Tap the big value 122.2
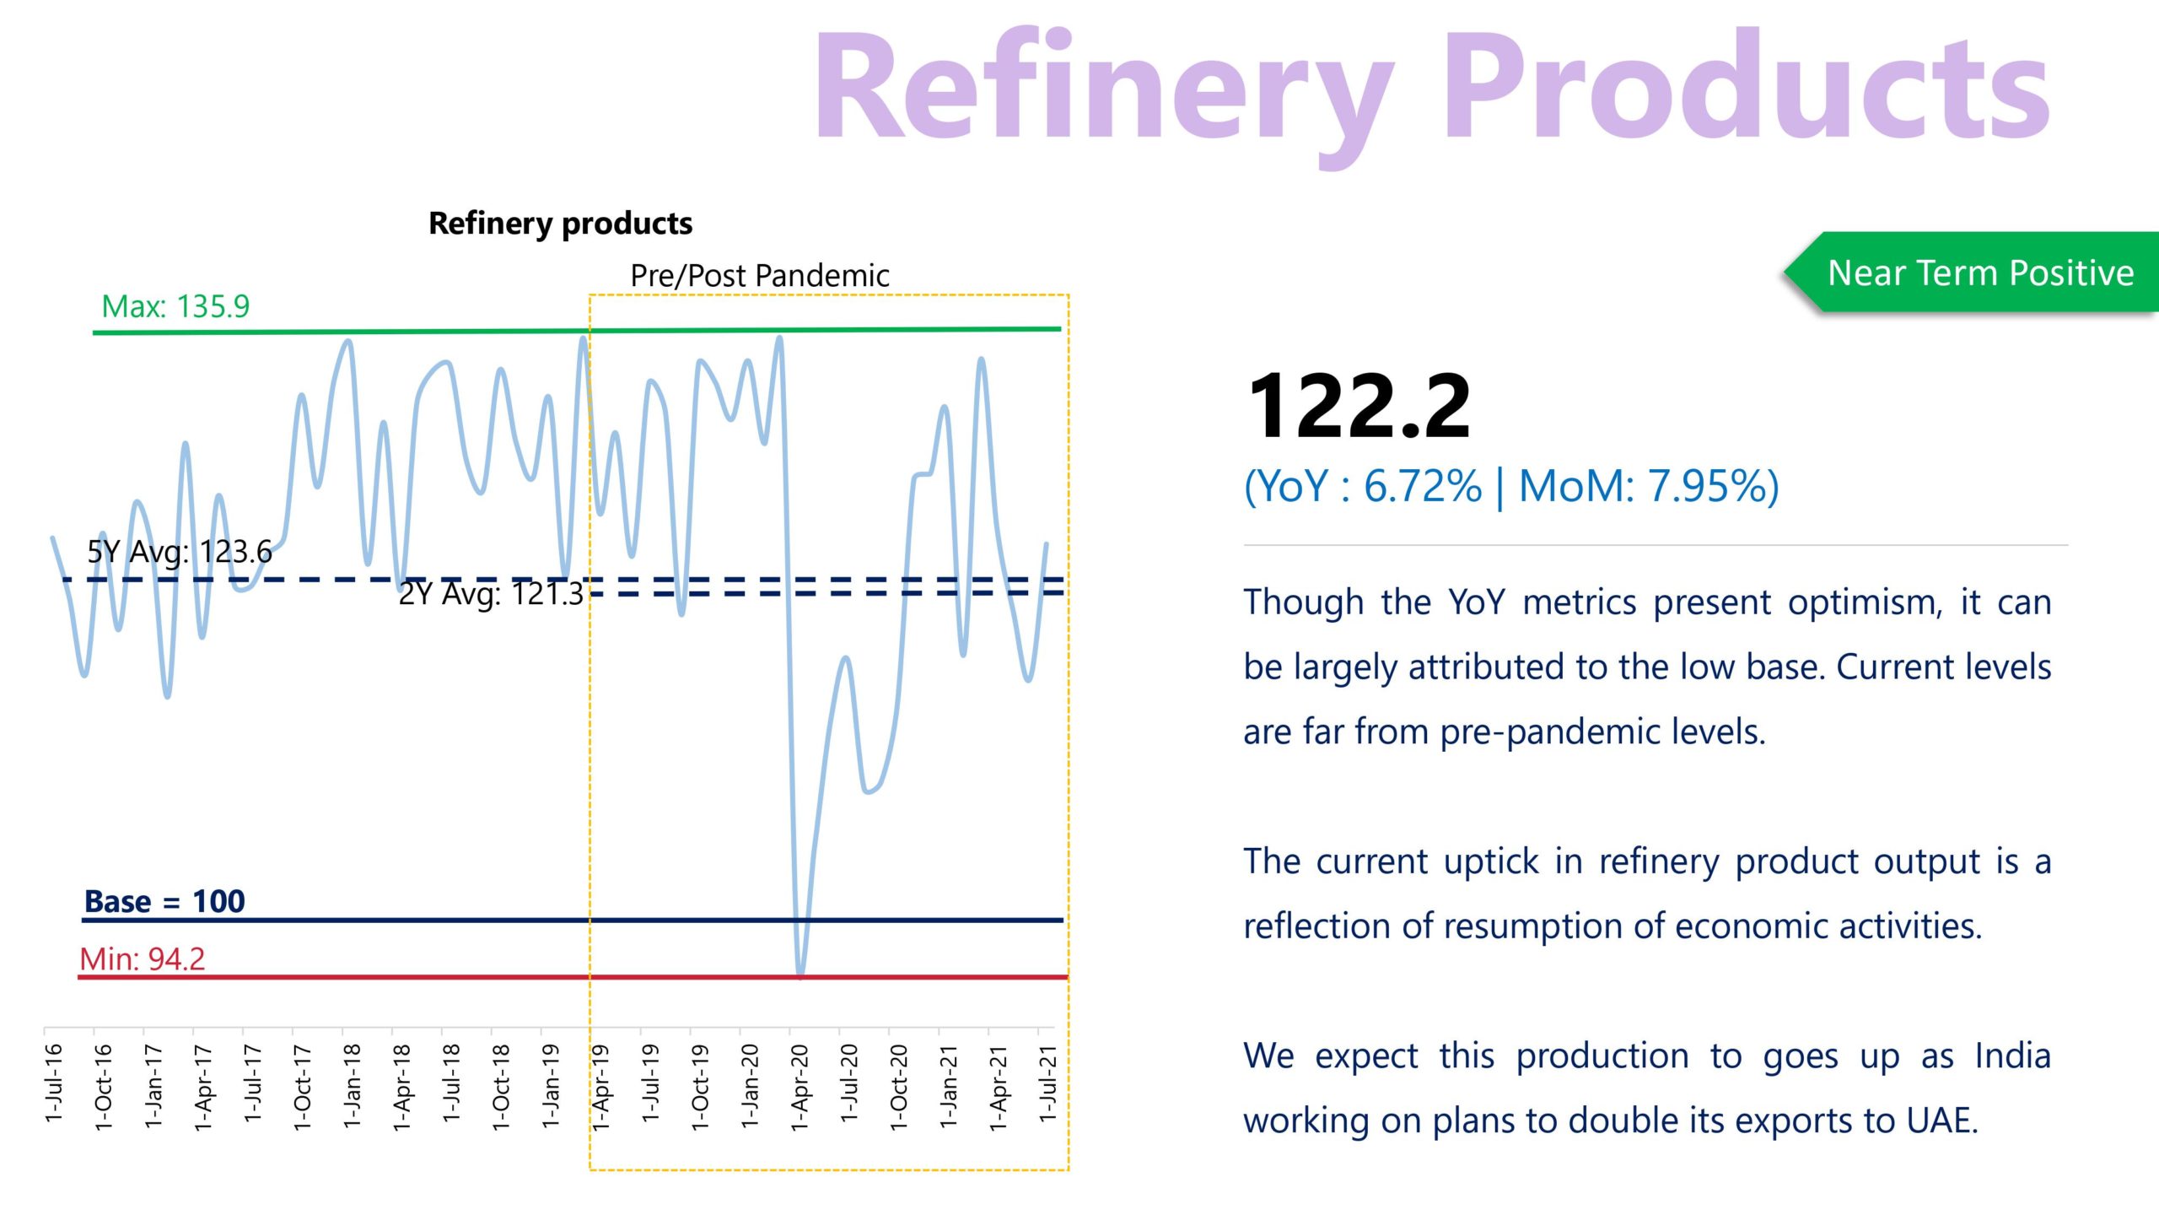pyautogui.click(x=1359, y=407)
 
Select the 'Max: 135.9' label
pyautogui.click(x=175, y=306)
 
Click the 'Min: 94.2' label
pyautogui.click(x=142, y=959)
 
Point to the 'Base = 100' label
pyautogui.click(x=164, y=902)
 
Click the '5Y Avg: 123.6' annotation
pyautogui.click(x=180, y=552)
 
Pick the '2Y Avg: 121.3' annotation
pyautogui.click(x=491, y=594)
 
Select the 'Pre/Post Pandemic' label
pyautogui.click(x=760, y=276)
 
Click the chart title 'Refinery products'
pyautogui.click(x=560, y=224)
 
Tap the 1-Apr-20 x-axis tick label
pyautogui.click(x=800, y=1087)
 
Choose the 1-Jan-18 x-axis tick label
pyautogui.click(x=353, y=1087)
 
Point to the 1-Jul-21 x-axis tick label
pyautogui.click(x=1047, y=1083)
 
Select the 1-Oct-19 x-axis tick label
pyautogui.click(x=700, y=1087)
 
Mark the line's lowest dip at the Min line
pyautogui.click(x=800, y=974)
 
